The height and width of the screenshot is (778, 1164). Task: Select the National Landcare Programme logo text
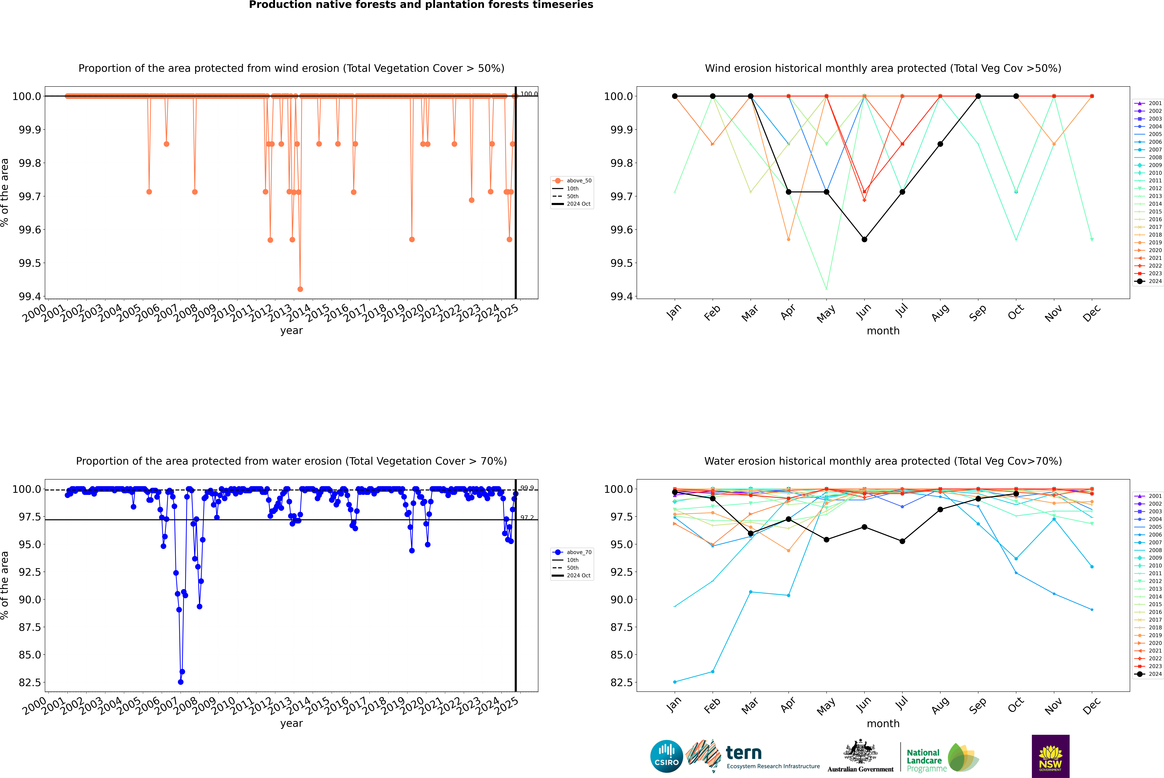click(x=924, y=761)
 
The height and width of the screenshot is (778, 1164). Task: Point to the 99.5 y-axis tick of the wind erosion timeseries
click(x=30, y=263)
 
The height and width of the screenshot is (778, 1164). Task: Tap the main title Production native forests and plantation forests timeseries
click(x=421, y=5)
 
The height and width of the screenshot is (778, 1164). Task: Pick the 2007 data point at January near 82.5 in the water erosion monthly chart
click(x=675, y=682)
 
